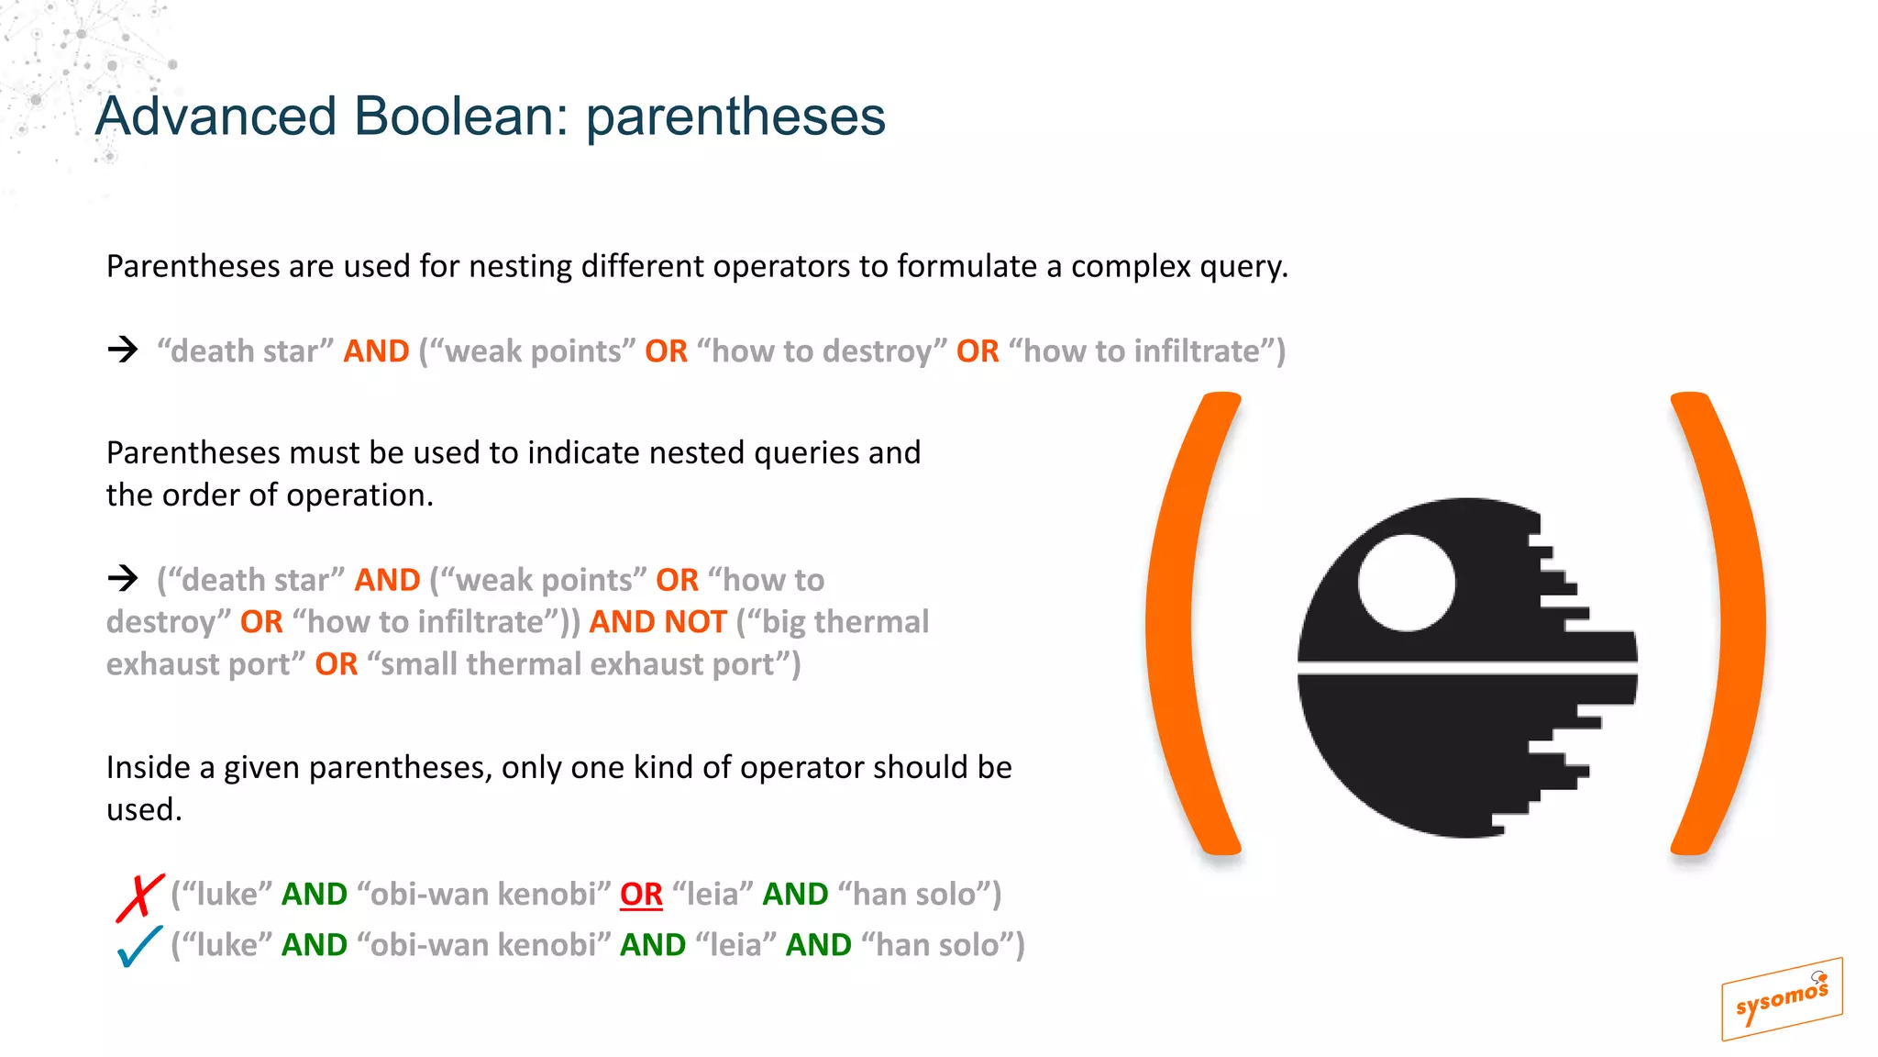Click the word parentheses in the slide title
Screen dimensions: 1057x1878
tap(735, 117)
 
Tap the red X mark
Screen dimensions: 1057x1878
tap(139, 896)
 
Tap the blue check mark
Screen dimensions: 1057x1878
tap(139, 946)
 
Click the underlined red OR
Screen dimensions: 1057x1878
tap(641, 895)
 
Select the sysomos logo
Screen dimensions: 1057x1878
tap(1781, 999)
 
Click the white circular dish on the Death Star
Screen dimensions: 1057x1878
tap(1406, 584)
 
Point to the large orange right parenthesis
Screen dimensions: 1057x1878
tap(1724, 624)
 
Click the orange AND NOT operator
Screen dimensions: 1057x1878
tap(657, 622)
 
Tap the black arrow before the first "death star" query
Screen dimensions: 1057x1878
tap(122, 350)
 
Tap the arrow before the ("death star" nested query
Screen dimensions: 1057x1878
tap(122, 578)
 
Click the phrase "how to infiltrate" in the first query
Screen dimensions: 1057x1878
tap(1141, 351)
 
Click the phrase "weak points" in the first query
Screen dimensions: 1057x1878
tap(533, 351)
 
